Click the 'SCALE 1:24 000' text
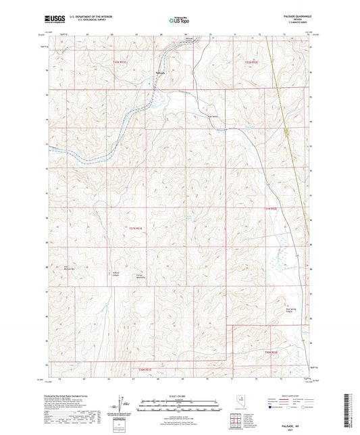(179, 395)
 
